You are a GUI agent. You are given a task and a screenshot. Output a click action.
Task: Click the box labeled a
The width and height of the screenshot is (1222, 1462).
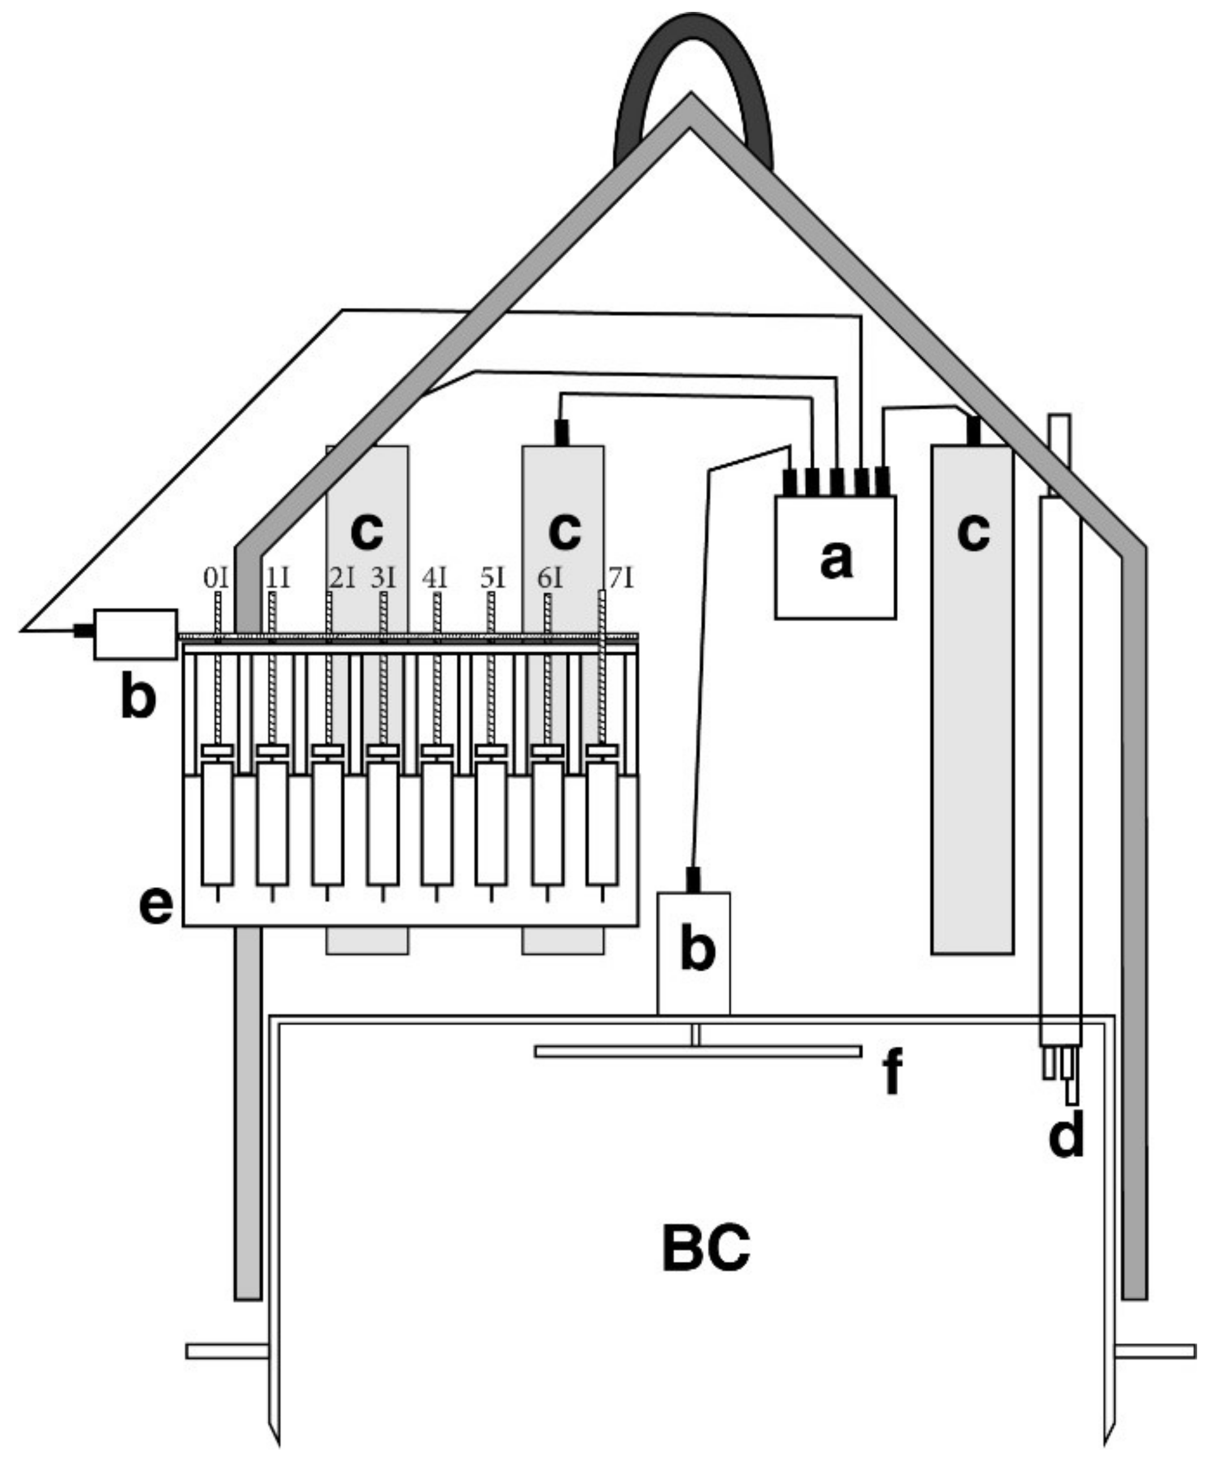(x=835, y=557)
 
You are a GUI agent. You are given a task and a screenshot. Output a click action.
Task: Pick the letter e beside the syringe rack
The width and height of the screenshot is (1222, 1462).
(x=156, y=906)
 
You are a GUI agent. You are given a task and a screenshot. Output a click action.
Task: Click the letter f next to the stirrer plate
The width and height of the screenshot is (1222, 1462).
(x=892, y=1073)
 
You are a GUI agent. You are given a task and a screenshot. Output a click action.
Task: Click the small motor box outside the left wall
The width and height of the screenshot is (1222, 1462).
(x=135, y=634)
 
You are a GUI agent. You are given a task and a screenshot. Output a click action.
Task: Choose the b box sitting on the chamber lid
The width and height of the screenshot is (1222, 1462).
(x=694, y=953)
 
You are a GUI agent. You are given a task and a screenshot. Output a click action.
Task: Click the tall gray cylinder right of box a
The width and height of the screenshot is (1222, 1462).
(x=973, y=700)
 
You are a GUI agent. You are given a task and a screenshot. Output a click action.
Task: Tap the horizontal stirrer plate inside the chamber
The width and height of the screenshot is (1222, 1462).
(x=698, y=1051)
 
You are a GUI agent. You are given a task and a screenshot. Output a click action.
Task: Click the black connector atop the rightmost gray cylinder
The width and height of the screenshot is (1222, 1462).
(x=974, y=430)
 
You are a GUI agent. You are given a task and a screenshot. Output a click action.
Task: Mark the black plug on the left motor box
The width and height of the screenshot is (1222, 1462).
(x=84, y=631)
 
